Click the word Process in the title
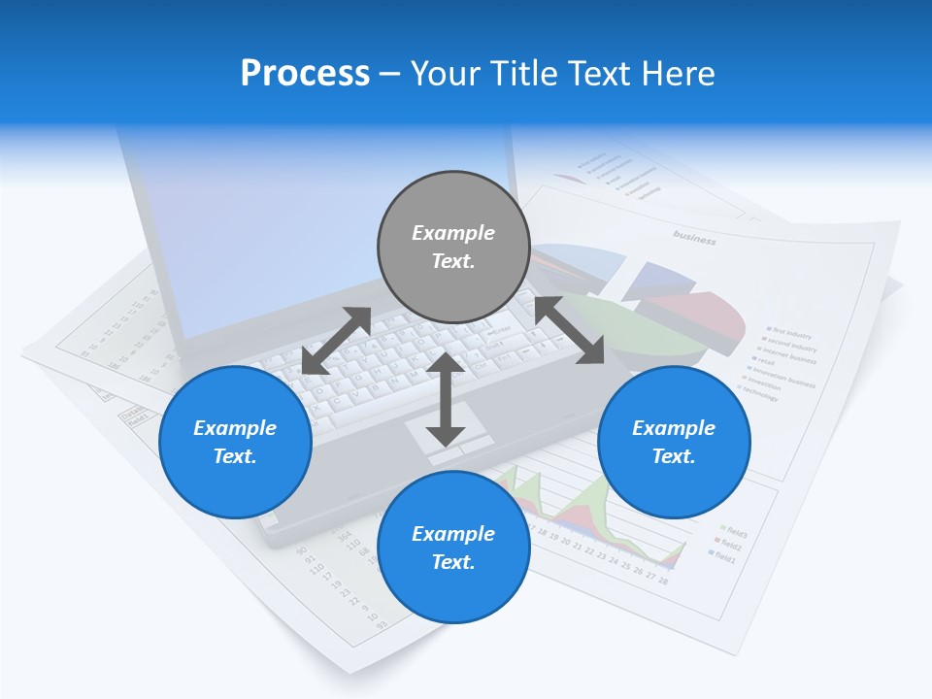(305, 74)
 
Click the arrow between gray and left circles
(336, 341)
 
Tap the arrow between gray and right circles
(570, 330)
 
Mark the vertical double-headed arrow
(446, 399)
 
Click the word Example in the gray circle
(453, 233)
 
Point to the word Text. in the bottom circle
(453, 562)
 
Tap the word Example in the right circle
(674, 428)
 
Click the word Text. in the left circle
(235, 456)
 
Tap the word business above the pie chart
(694, 238)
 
